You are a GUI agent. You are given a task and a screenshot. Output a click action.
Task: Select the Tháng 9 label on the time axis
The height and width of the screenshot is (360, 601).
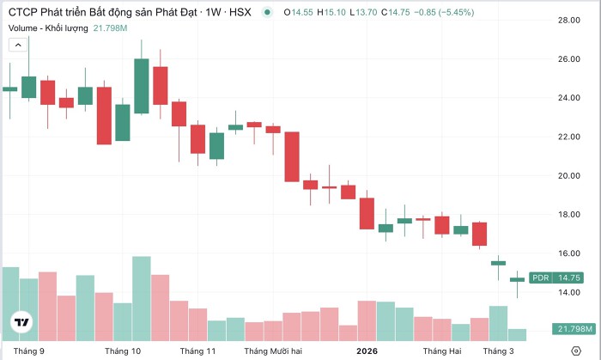tap(29, 351)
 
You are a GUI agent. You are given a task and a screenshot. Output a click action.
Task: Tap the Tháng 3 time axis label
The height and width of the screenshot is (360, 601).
tap(498, 351)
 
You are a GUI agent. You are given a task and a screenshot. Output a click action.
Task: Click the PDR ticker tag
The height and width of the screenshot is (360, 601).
tap(541, 278)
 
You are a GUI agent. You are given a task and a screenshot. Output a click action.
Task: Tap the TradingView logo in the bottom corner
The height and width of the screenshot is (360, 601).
tap(21, 323)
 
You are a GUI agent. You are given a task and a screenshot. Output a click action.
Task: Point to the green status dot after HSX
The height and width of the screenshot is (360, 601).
tap(269, 12)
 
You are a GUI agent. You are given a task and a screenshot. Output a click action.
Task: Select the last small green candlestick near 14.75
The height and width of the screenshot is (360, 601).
tap(517, 279)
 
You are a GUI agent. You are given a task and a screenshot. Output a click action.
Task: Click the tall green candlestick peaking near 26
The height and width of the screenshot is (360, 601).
tap(142, 86)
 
